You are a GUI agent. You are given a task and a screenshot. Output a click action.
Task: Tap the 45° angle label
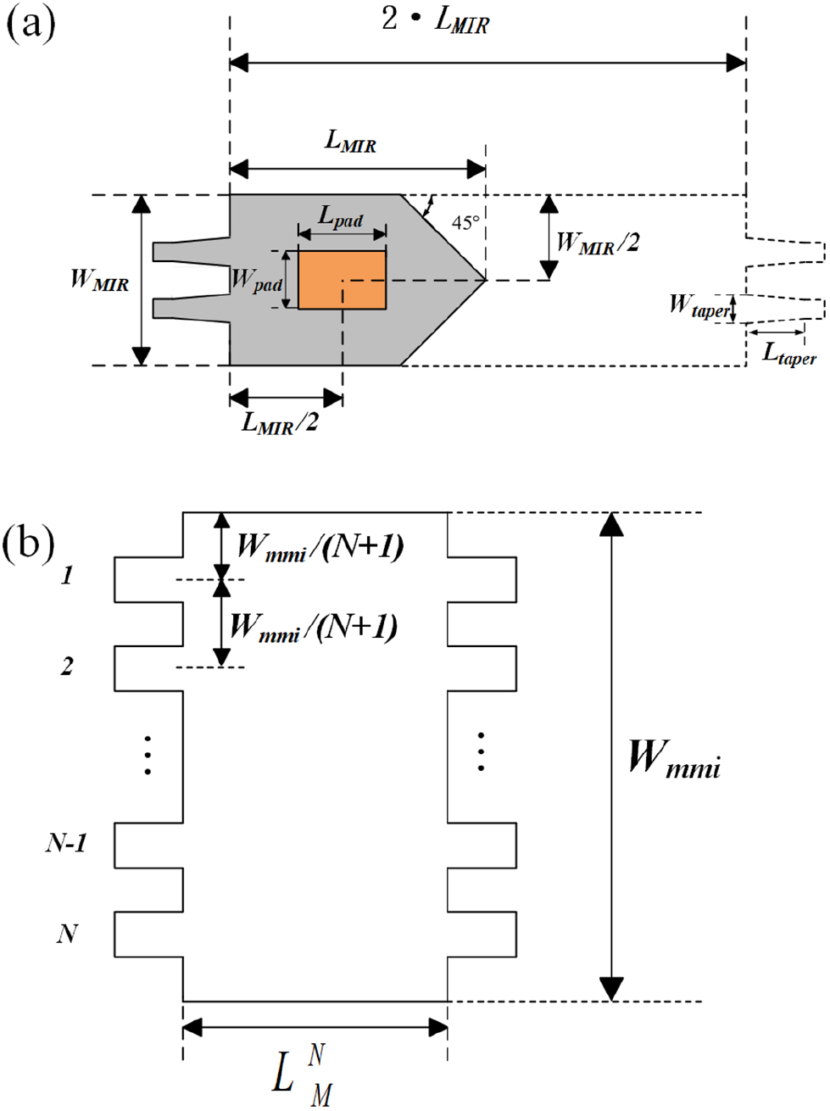[465, 223]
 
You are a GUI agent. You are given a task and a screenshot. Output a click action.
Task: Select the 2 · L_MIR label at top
[435, 20]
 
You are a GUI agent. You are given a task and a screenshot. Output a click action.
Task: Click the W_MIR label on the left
[99, 279]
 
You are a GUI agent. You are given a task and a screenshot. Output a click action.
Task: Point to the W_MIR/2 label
[598, 243]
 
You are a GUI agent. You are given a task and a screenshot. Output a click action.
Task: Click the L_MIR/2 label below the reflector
[280, 422]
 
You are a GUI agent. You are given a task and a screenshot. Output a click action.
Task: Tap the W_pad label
[256, 280]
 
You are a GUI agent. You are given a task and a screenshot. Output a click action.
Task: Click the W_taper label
[698, 306]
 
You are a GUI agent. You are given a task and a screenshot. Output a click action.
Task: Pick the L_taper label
[788, 354]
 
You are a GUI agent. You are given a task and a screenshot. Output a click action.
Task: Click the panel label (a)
[31, 23]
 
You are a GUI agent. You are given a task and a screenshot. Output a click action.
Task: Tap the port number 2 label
[67, 667]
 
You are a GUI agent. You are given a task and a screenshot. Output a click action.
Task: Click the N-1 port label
[66, 843]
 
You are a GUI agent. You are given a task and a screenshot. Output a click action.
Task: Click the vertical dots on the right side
[481, 751]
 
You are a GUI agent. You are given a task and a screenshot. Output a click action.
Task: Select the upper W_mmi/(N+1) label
[319, 547]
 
